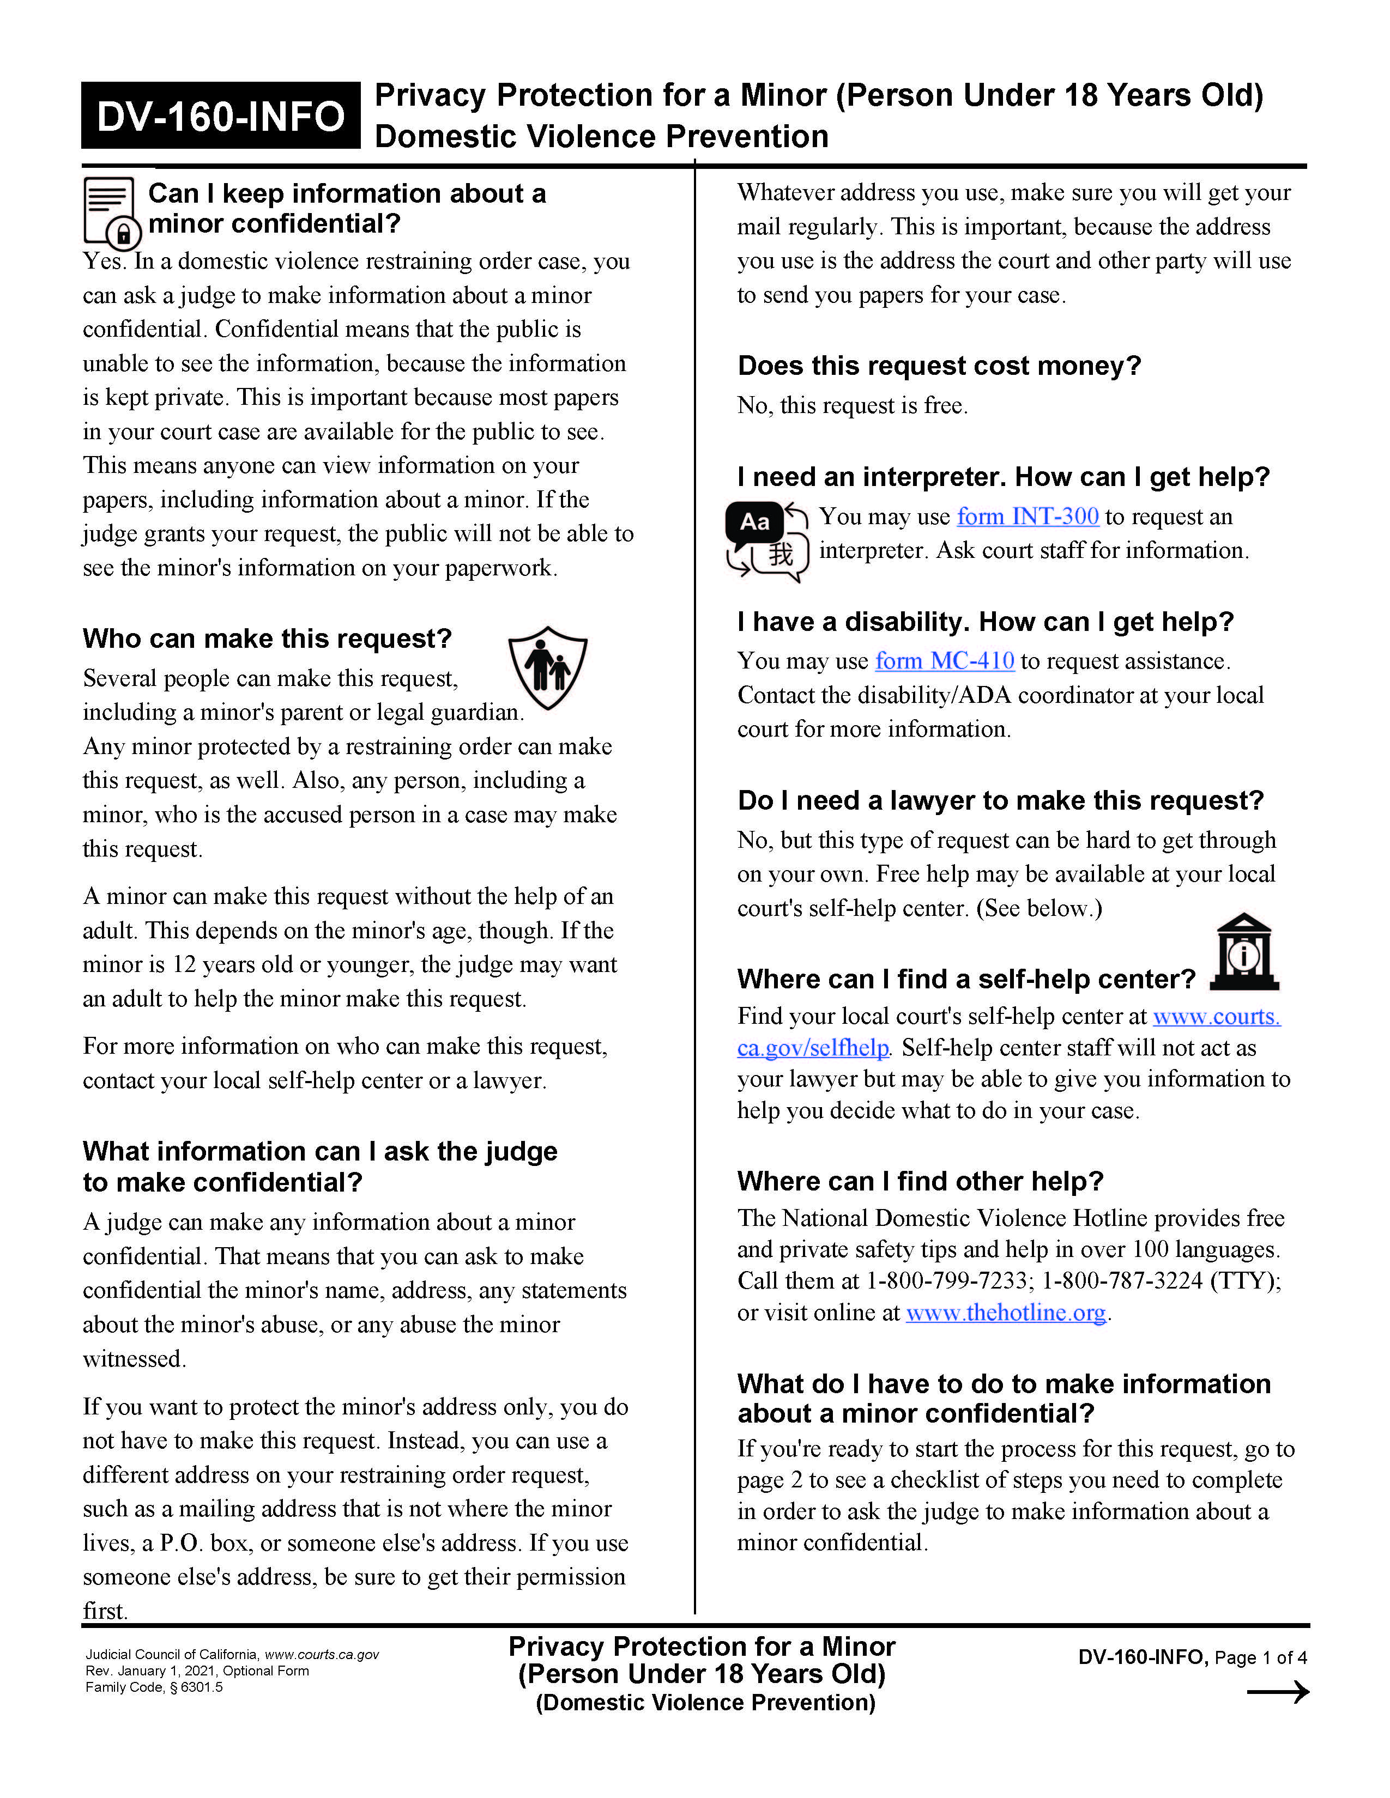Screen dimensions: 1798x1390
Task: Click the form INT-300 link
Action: click(1027, 516)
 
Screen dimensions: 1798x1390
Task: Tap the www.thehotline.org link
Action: click(1006, 1313)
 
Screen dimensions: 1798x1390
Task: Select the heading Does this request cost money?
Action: click(939, 366)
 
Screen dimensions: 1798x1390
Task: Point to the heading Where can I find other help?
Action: click(920, 1181)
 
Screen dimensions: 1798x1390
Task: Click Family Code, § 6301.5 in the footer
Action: click(154, 1687)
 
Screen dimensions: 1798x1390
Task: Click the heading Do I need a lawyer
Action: click(1000, 800)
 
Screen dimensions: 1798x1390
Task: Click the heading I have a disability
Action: click(985, 622)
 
